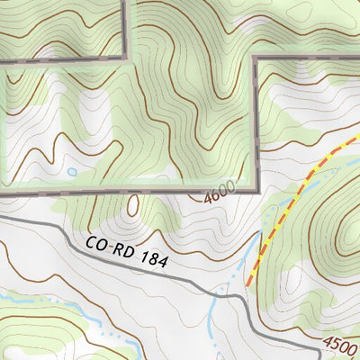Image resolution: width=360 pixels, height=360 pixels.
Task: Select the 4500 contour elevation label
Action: pos(340,345)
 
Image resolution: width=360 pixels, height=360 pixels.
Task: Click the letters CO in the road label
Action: pos(97,243)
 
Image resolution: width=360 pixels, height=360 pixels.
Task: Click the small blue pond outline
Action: pos(71,172)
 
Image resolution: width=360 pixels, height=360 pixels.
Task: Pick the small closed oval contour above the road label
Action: pos(134,206)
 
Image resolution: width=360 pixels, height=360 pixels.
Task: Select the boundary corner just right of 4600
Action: pos(256,191)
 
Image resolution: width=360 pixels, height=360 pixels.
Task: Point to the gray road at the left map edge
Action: pos(2,217)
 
